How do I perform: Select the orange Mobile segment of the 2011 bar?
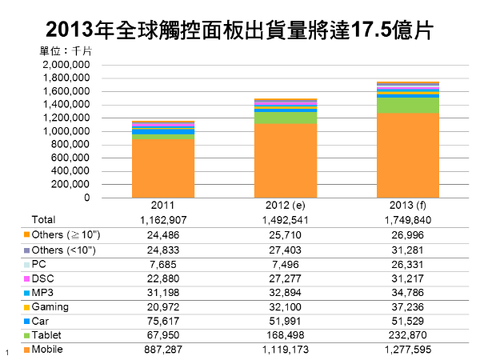(163, 168)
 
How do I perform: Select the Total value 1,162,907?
(163, 220)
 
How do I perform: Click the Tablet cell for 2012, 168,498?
(286, 336)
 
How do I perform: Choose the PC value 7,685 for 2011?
(163, 264)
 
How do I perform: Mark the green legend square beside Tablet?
(27, 336)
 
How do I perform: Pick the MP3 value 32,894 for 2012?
(286, 293)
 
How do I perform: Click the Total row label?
(43, 220)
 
